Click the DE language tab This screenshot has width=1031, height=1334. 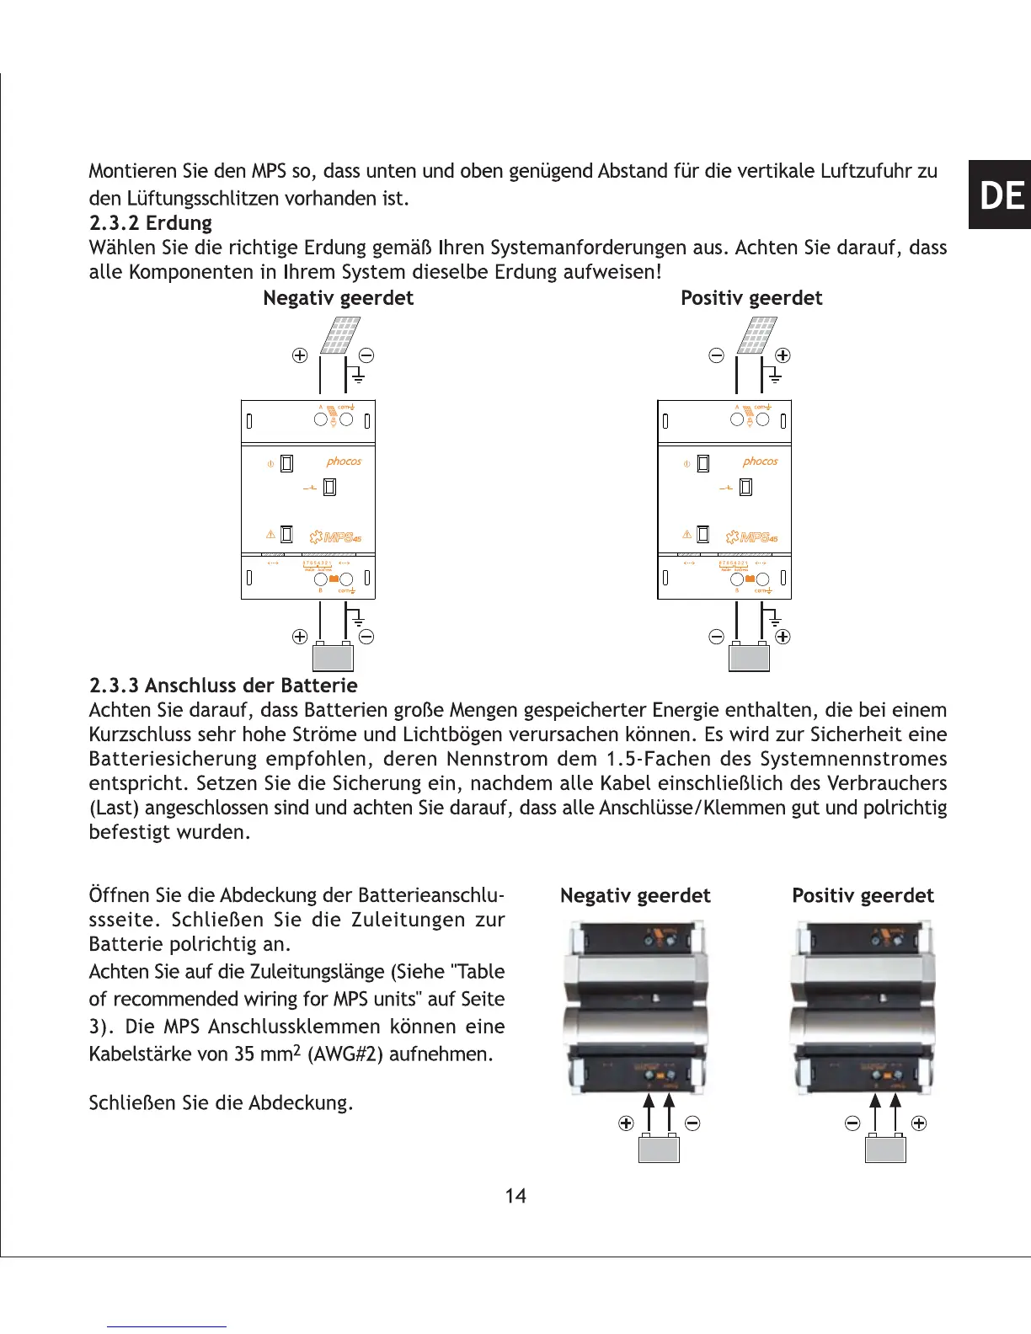(x=1002, y=195)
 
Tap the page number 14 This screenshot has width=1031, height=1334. (x=515, y=1196)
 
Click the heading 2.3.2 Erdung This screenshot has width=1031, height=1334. (x=151, y=223)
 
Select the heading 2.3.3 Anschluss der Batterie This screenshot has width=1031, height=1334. (x=223, y=686)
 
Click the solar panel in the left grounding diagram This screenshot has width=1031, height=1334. (x=339, y=336)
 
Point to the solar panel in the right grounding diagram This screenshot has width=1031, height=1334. (x=756, y=336)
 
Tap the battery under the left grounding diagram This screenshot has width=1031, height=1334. (x=333, y=657)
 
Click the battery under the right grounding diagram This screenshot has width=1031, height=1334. (x=749, y=657)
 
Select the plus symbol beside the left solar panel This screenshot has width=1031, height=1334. (x=299, y=355)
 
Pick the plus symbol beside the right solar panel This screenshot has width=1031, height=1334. (x=783, y=355)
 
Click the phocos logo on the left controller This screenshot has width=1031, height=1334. (x=344, y=462)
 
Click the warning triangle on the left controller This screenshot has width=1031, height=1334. (x=270, y=535)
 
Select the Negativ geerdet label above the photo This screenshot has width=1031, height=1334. (x=635, y=896)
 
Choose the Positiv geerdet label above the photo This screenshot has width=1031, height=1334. (x=863, y=896)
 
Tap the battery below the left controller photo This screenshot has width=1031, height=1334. (x=659, y=1149)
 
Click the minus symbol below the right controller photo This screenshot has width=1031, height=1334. (x=852, y=1123)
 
